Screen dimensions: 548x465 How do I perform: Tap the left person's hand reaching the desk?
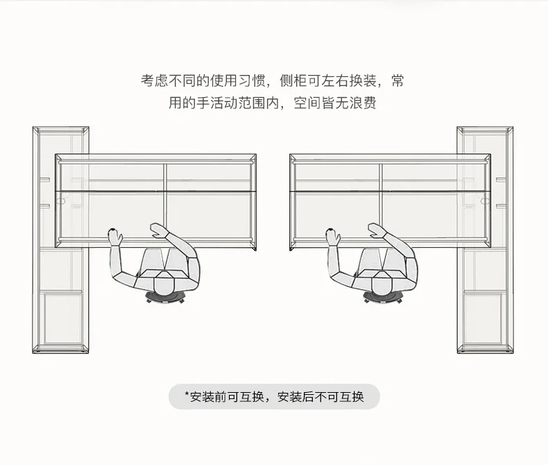point(114,237)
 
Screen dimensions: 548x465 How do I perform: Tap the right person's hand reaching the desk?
point(333,237)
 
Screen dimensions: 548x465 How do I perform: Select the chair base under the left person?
point(164,299)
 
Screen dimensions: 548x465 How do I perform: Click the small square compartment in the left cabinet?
point(62,319)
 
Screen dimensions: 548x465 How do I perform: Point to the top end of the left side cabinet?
point(60,130)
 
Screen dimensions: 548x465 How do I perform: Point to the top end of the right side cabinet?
point(485,130)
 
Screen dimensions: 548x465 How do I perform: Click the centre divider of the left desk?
point(164,201)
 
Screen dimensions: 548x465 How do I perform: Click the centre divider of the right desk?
point(381,201)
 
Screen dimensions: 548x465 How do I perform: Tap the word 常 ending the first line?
point(397,81)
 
